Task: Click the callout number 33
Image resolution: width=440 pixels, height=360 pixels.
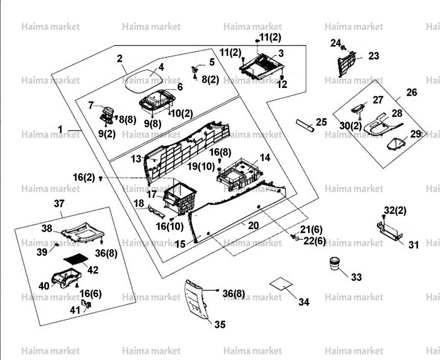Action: click(357, 277)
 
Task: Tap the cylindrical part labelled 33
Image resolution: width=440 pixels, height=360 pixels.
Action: click(334, 263)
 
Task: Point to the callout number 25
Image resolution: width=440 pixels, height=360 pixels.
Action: click(321, 122)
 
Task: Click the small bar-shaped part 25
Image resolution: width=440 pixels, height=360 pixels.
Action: click(305, 126)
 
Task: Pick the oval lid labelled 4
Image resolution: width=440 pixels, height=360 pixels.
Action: click(144, 80)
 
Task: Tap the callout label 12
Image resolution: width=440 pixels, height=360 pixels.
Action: click(282, 84)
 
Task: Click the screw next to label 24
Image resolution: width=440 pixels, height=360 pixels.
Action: click(343, 48)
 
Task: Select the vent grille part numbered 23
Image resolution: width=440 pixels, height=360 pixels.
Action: click(346, 63)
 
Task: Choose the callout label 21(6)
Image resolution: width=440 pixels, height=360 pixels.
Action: click(311, 230)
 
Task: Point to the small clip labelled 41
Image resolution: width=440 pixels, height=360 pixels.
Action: click(86, 304)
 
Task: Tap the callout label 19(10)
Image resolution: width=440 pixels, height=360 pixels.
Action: click(201, 166)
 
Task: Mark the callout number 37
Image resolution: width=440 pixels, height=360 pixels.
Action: click(59, 204)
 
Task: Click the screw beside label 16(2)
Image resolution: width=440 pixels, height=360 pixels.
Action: click(101, 178)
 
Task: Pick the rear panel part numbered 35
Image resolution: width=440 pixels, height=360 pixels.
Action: click(196, 300)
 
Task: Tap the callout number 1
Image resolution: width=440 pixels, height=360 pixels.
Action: click(60, 129)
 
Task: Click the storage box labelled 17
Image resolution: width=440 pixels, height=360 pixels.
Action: click(179, 198)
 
